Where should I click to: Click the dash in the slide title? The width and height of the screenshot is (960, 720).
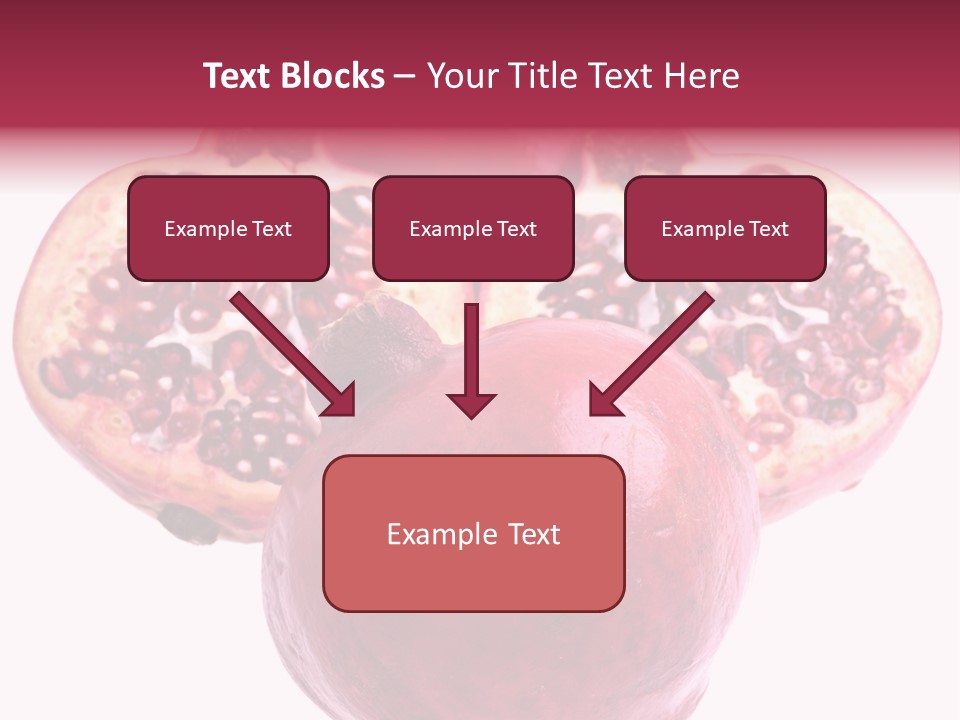tap(405, 77)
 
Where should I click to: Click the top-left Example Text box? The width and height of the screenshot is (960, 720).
tap(228, 228)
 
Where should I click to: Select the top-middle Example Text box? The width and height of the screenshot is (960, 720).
tap(473, 228)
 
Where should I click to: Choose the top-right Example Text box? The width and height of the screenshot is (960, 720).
tap(725, 228)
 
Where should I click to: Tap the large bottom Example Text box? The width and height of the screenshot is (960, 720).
tap(473, 533)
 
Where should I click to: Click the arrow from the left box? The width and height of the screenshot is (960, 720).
tap(290, 352)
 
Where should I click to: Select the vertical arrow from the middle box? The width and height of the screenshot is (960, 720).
tap(471, 355)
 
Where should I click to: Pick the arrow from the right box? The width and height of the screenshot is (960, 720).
tap(655, 352)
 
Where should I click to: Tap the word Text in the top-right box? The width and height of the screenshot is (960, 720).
tap(768, 228)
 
